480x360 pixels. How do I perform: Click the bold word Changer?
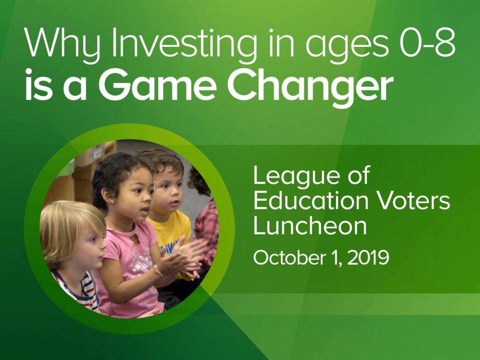[x=310, y=87]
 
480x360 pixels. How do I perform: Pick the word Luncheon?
[x=310, y=226]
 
